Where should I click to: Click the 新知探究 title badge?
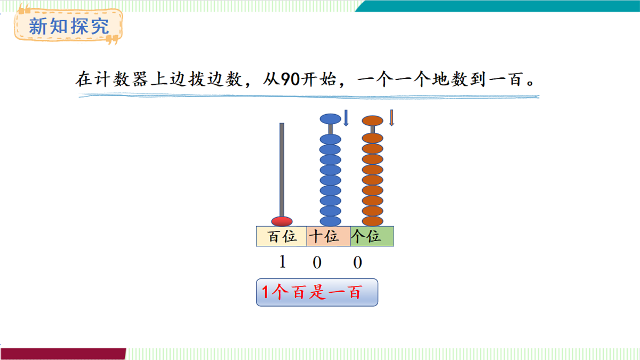tap(68, 25)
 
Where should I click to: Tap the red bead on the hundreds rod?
tap(282, 221)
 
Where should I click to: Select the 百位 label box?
tap(282, 236)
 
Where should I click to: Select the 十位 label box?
tap(329, 236)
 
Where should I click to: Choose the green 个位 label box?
tap(372, 236)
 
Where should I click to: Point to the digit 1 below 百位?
tap(283, 262)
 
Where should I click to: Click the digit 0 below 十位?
tap(317, 262)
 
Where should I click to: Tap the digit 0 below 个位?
tap(357, 262)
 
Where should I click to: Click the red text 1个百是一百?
tap(311, 292)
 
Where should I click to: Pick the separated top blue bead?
tap(330, 118)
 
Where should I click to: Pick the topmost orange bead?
tap(372, 120)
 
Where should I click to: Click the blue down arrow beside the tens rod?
tap(346, 118)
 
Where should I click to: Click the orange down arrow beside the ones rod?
tap(391, 118)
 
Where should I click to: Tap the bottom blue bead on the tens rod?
tap(330, 221)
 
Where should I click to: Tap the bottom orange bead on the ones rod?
tap(372, 221)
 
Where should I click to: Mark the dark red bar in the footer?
tap(63, 354)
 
